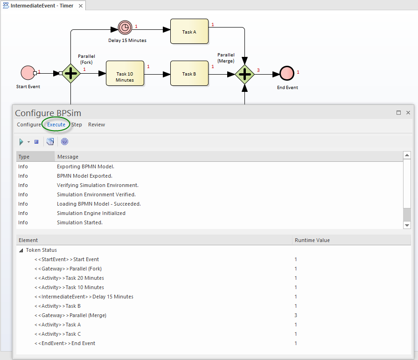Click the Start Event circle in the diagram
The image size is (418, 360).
28,73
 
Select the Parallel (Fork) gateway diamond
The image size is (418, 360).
71,73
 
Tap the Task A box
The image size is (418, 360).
189,32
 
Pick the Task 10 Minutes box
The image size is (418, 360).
125,73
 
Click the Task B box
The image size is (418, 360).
189,73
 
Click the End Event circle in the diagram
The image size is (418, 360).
286,73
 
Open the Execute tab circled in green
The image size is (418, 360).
56,125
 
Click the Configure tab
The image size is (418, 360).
29,125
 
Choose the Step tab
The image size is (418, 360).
77,125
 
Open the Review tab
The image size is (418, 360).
97,125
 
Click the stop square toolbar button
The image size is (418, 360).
36,142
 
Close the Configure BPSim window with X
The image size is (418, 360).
408,113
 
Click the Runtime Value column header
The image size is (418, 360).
312,240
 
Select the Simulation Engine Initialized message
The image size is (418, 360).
91,213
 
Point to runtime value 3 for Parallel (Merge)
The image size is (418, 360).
296,315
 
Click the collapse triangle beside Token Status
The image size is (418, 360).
21,250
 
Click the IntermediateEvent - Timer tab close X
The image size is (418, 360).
81,6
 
